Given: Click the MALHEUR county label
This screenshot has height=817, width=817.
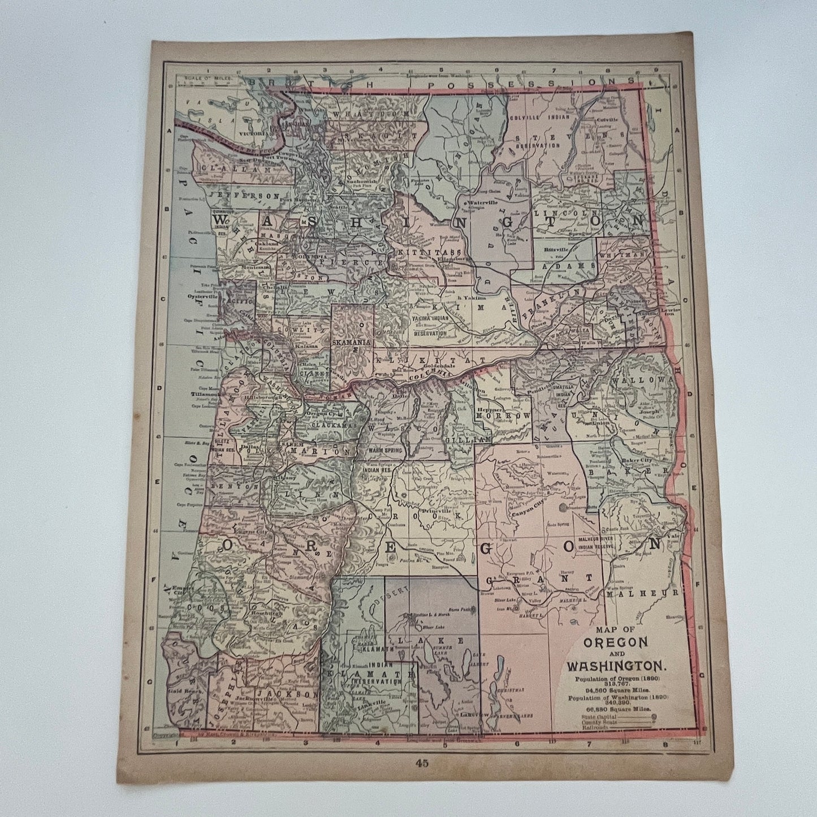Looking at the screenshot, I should (641, 594).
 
